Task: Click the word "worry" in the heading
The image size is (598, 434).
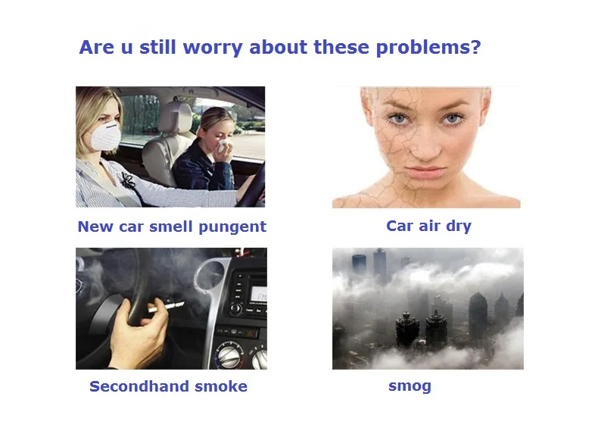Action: pos(213,48)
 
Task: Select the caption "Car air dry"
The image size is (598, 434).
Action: pos(428,226)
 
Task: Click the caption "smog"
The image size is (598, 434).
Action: pos(410,386)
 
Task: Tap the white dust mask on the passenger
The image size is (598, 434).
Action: pos(106,136)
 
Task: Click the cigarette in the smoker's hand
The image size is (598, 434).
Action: pos(167,307)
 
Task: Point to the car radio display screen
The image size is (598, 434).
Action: pos(258,294)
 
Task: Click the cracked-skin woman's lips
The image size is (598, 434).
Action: pos(425,173)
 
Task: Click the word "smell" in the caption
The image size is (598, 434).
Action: pos(171,226)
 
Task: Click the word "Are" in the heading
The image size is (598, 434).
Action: pos(96,48)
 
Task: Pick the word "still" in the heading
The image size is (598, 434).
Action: pos(157,47)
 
